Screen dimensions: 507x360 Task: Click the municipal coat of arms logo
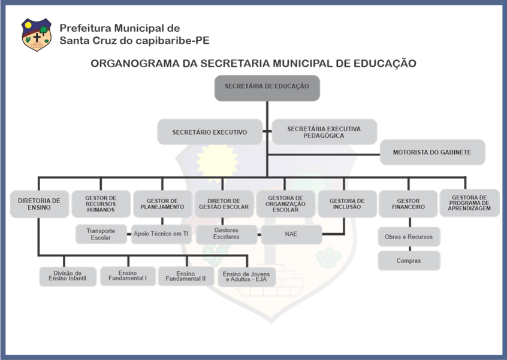pos(36,34)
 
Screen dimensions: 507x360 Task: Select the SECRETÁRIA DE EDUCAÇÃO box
pos(267,88)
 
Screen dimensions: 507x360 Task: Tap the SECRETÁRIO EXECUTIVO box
pos(210,132)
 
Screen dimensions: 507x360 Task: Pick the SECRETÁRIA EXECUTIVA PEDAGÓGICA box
pos(324,132)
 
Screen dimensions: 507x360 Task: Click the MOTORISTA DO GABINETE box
pos(432,152)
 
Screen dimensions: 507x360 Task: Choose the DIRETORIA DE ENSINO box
pos(40,204)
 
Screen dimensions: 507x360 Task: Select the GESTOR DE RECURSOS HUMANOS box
pos(101,204)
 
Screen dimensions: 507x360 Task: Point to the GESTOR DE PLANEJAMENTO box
pos(162,204)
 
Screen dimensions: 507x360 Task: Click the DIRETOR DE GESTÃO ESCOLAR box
pos(224,204)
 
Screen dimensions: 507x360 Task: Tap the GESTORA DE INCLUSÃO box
pos(347,204)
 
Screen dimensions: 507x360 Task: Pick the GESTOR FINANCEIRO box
pos(408,204)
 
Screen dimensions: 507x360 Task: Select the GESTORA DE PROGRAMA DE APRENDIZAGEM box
pos(469,203)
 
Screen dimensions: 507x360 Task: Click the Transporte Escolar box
pos(101,234)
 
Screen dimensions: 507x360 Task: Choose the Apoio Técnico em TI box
pos(161,234)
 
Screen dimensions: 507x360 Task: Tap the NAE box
pos(291,234)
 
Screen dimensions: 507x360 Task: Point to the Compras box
pos(409,261)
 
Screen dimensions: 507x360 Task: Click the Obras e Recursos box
pos(409,237)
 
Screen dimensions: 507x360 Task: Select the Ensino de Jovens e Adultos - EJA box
pos(247,277)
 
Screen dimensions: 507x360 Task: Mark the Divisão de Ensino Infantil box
pos(68,276)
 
